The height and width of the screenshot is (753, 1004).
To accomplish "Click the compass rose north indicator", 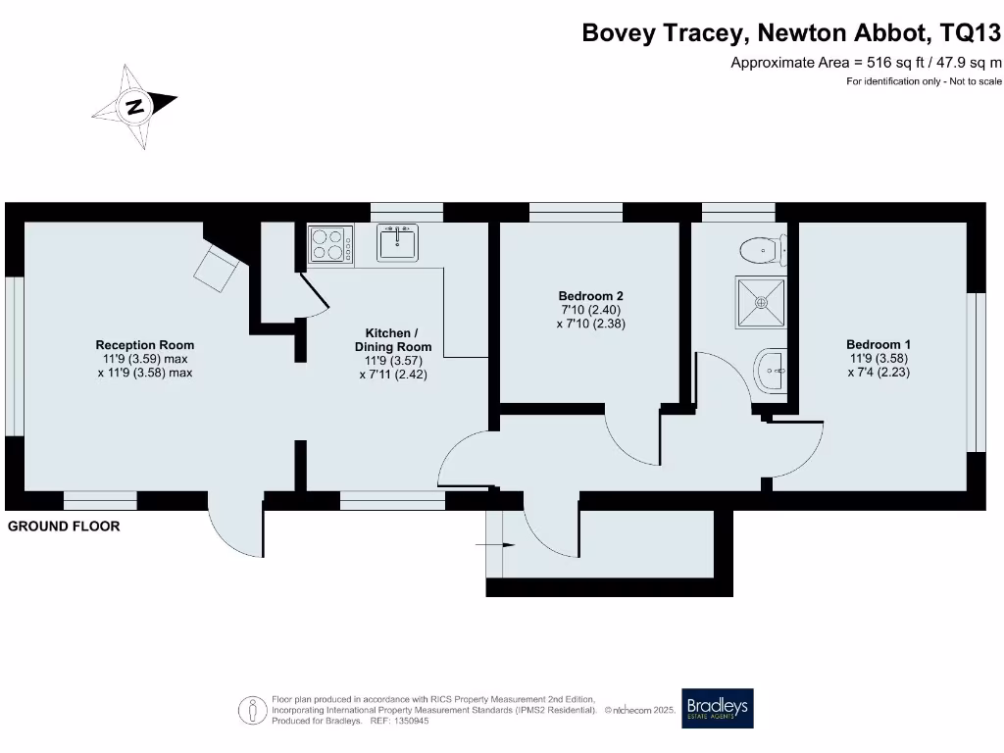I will (135, 106).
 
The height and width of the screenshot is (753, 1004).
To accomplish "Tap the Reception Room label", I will (144, 345).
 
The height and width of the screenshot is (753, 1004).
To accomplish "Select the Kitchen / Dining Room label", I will (392, 339).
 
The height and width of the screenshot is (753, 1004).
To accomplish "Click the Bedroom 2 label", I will (590, 296).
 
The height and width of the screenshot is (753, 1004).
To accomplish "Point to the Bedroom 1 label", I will (878, 345).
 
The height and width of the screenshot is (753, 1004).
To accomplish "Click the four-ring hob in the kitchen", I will (330, 243).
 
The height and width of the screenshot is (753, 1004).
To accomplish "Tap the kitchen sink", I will (397, 242).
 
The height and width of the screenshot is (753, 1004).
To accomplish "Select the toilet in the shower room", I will (762, 249).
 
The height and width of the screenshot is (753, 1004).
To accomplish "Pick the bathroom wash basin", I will (771, 373).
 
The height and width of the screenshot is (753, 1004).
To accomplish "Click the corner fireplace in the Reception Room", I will (219, 266).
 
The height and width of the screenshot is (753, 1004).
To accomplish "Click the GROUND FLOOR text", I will (64, 527).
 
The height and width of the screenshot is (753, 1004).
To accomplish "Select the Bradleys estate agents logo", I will (717, 708).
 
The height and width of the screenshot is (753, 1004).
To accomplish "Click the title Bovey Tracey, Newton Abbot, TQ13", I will (791, 32).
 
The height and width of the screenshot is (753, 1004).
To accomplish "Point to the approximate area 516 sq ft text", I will (867, 63).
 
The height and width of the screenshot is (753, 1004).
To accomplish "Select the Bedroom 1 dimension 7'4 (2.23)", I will (878, 373).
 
